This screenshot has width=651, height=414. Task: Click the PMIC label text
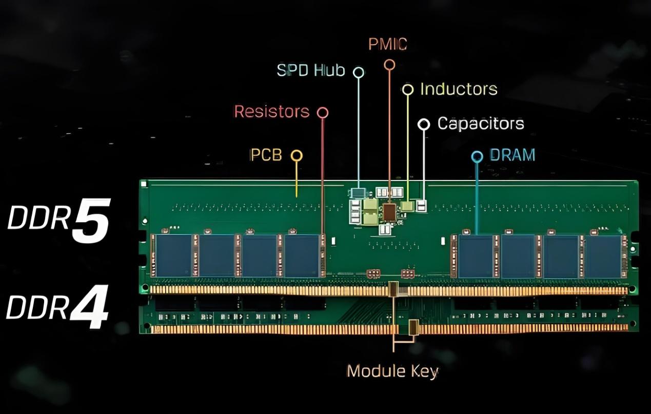[387, 45]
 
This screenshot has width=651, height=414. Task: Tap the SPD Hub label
[311, 70]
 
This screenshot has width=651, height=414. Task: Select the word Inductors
[459, 89]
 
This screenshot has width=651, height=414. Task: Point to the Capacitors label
[480, 124]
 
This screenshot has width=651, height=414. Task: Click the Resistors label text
[272, 112]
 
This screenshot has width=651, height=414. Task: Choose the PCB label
[266, 155]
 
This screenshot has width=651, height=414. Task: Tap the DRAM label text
[512, 155]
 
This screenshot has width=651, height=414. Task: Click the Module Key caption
[392, 371]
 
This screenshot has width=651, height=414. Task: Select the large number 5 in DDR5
[91, 221]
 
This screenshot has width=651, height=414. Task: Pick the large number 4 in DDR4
[89, 307]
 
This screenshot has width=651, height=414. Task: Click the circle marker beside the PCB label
[297, 155]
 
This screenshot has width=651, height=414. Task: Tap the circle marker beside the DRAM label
[477, 156]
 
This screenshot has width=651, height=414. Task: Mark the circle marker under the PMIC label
[389, 65]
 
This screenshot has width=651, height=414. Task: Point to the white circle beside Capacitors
[424, 124]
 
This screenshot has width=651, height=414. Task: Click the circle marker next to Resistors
[323, 113]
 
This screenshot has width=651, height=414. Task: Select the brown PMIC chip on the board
[389, 212]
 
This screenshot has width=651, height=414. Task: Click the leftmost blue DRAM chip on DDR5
[173, 255]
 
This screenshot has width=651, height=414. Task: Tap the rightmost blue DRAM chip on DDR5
[602, 256]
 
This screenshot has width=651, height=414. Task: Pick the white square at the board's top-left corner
[144, 184]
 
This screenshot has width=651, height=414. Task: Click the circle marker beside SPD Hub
[359, 72]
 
